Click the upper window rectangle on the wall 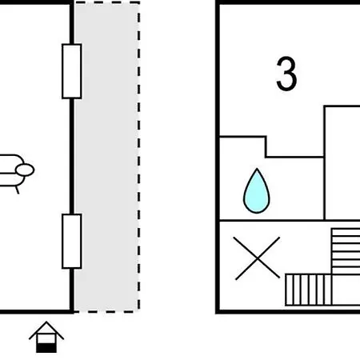pyautogui.click(x=72, y=71)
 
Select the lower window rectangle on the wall pyautogui.click(x=72, y=241)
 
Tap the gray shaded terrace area pyautogui.click(x=106, y=157)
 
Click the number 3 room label pyautogui.click(x=286, y=74)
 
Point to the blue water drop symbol pyautogui.click(x=257, y=191)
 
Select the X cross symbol pyautogui.click(x=257, y=258)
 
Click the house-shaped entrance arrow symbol pyautogui.click(x=46, y=337)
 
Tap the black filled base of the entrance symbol pyautogui.click(x=46, y=348)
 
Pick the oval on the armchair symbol pyautogui.click(x=25, y=170)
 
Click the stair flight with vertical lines pyautogui.click(x=309, y=290)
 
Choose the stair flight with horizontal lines pyautogui.click(x=346, y=251)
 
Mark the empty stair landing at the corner pyautogui.click(x=346, y=290)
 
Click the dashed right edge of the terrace pyautogui.click(x=138, y=157)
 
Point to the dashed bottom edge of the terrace pyautogui.click(x=106, y=311)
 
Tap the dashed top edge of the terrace pyautogui.click(x=106, y=2)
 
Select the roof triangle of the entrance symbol pyautogui.click(x=46, y=330)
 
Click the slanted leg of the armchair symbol pyautogui.click(x=17, y=190)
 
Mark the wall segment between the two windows pyautogui.click(x=72, y=156)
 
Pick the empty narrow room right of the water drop pyautogui.click(x=342, y=163)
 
